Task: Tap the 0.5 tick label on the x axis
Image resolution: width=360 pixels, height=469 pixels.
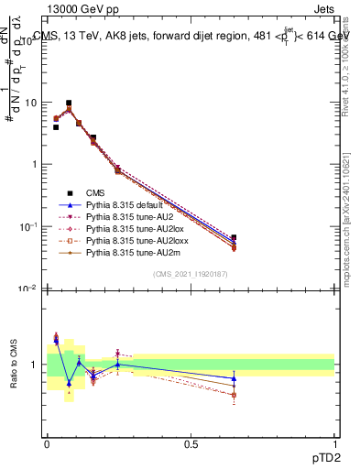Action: (191, 443)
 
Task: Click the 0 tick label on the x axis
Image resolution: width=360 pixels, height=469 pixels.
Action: (47, 443)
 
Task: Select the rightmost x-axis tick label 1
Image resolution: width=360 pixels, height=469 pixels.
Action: (334, 443)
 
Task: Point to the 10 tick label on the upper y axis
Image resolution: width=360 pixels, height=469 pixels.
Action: (30, 103)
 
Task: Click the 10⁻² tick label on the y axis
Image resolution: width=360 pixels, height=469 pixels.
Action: (28, 289)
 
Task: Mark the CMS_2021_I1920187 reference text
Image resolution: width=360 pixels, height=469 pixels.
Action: (190, 274)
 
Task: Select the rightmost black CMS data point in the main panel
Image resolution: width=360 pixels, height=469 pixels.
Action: (234, 238)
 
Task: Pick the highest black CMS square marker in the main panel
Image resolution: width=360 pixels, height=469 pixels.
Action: (69, 104)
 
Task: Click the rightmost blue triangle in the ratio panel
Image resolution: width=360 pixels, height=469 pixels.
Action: (234, 378)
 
